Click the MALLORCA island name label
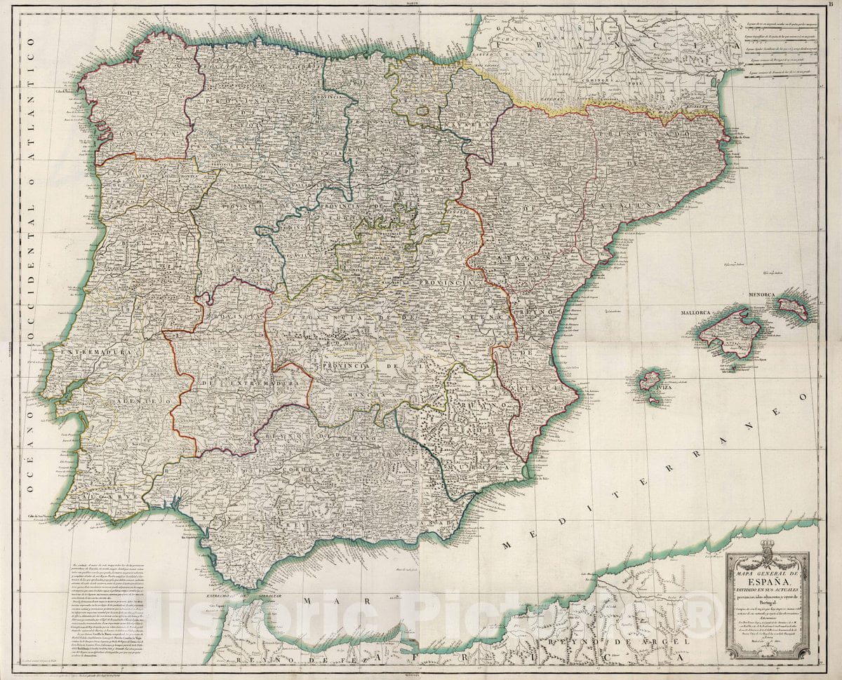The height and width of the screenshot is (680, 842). pos(695,310)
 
